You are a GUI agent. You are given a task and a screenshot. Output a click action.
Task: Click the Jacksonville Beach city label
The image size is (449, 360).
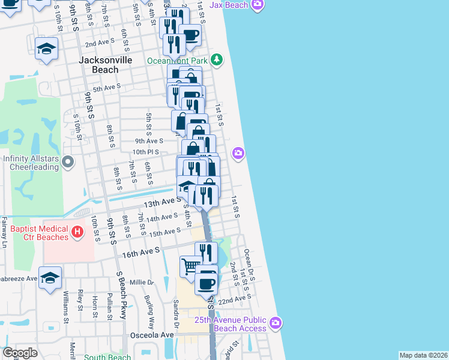click(99, 65)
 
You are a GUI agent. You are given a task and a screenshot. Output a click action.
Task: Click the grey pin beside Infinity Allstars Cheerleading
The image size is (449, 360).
click(68, 161)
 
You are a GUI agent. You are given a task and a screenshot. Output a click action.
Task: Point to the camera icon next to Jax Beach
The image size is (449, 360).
click(258, 5)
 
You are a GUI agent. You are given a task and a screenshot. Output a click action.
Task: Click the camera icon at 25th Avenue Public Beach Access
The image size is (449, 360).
click(276, 323)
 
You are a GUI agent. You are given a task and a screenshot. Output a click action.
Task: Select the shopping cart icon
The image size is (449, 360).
click(191, 265)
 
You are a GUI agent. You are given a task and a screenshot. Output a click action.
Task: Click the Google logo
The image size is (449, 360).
click(20, 353)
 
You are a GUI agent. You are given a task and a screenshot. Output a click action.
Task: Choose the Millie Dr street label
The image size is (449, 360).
click(142, 282)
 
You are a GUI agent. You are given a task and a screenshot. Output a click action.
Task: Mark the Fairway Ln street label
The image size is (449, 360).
click(4, 232)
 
